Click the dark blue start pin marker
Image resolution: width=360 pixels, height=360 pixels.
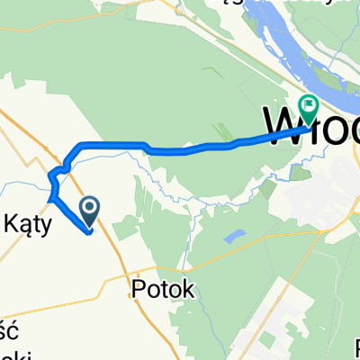click(91, 211)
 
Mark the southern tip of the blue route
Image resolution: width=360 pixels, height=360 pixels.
click(91, 232)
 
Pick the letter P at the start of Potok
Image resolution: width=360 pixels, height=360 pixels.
click(137, 289)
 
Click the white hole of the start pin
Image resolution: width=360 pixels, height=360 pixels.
click(91, 208)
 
